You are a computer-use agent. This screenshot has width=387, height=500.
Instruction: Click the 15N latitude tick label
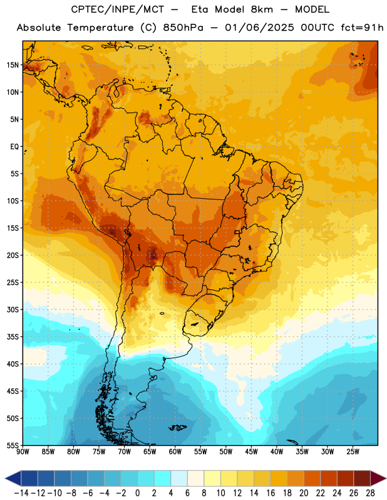coord(13,65)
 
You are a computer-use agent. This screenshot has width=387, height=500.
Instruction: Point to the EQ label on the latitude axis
coord(14,147)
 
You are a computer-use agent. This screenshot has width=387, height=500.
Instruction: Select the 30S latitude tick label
coord(13,309)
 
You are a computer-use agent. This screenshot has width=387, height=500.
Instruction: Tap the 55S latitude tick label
coord(13,445)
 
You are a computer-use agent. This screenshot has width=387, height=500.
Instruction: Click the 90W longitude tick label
coord(23,452)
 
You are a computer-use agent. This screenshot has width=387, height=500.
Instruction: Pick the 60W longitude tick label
coord(175,452)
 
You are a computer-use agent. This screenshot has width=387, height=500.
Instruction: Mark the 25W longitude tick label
coord(353,452)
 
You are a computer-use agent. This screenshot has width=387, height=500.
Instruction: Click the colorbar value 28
coord(370,493)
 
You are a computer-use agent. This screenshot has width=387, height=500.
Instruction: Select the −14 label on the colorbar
coord(22,493)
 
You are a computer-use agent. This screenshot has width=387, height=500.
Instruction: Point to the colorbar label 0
coord(138,493)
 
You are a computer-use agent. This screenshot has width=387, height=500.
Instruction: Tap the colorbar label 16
coord(271,493)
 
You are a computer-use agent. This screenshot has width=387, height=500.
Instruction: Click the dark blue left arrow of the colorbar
coord(13,478)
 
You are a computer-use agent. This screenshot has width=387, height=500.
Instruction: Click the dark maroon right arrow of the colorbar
coord(378,478)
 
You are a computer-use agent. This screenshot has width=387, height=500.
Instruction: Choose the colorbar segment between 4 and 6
coord(179,478)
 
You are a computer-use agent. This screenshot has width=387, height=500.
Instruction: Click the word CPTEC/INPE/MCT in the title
coord(118,9)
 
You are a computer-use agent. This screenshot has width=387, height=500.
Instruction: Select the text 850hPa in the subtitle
coord(183,27)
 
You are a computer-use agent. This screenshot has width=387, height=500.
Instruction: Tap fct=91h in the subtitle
coord(362,27)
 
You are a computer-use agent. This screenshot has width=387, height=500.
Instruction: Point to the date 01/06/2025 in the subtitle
coord(259,27)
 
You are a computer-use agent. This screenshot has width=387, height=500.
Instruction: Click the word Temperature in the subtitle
coord(100,27)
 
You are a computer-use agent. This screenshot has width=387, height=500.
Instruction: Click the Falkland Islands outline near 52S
coord(178,427)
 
